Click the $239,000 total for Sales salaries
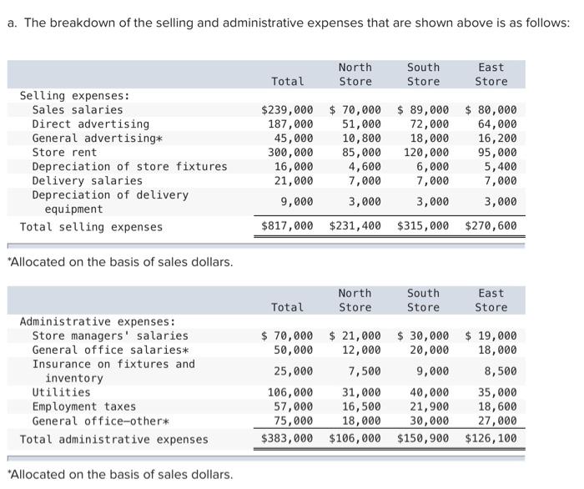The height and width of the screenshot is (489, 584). point(288,110)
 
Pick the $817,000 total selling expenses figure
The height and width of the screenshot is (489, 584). point(288,226)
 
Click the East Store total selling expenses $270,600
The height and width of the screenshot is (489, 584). point(491,226)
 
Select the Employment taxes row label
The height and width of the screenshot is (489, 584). point(83,407)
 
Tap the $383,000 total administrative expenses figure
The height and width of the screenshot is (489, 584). point(288,439)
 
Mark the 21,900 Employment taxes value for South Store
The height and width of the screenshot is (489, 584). point(426,407)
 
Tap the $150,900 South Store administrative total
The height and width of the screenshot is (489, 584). point(423,439)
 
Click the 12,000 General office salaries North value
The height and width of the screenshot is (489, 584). point(360,350)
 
